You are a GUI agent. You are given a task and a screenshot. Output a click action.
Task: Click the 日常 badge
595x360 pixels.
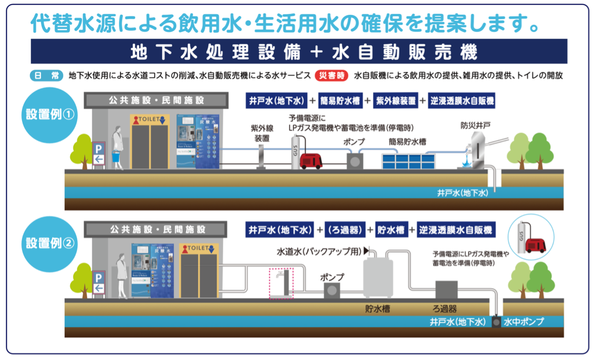[x=47, y=75]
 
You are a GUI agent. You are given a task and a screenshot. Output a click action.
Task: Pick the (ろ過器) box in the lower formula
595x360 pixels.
[x=345, y=230]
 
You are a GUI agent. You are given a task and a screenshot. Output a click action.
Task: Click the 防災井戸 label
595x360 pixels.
[x=476, y=126]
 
